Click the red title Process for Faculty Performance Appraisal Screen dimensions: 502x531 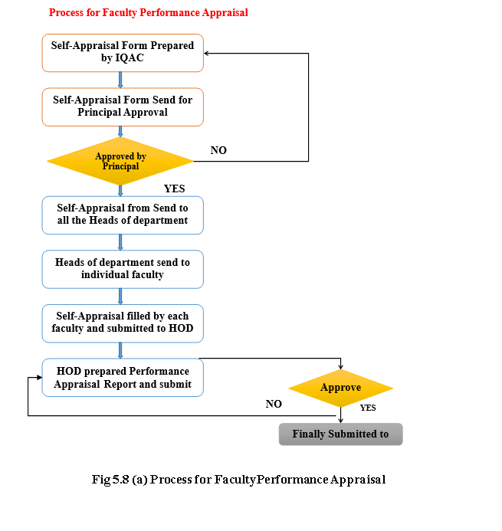coord(149,13)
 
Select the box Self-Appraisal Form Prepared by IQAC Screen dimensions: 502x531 coord(123,53)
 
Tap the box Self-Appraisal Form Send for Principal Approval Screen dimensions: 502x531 coord(123,107)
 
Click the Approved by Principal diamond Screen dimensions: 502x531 coord(120,161)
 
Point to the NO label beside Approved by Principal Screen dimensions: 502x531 coord(218,150)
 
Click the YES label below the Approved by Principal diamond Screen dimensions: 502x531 coord(175,188)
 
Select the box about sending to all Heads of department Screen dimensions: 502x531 coord(123,215)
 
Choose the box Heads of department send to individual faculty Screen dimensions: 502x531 coord(123,270)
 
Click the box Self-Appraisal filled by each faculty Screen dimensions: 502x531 coord(123,323)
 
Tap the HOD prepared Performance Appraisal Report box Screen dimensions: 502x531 coord(123,378)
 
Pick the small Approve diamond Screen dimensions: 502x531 coord(341,388)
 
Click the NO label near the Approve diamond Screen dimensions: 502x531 coord(274,404)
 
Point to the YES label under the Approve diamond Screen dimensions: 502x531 coord(368,408)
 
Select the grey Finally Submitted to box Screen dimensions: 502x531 coord(341,434)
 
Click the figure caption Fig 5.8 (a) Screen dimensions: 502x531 coord(239,480)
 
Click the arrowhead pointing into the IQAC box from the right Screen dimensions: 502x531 coord(206,53)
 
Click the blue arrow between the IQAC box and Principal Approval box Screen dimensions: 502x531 coord(120,80)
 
